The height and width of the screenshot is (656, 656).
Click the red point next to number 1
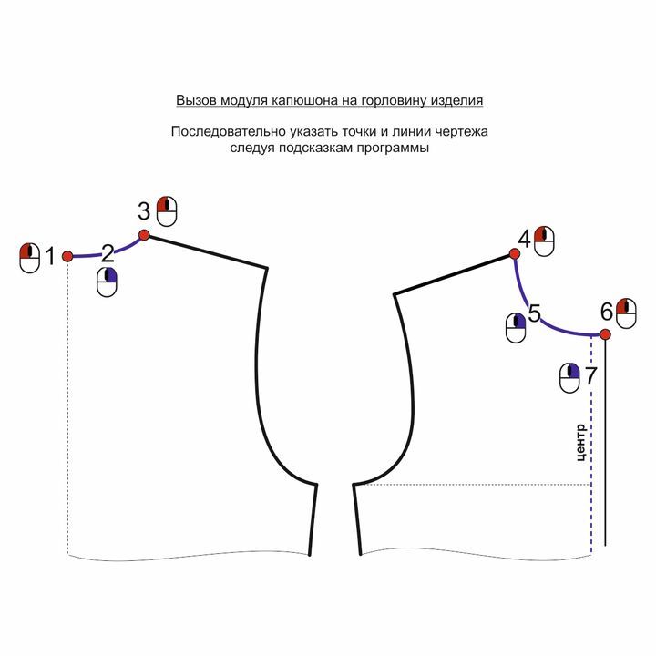(67, 256)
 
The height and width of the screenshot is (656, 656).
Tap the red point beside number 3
(144, 235)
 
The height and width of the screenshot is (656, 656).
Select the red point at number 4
(515, 253)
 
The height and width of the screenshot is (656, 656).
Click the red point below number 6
(605, 334)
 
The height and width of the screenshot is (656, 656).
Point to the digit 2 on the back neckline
(108, 253)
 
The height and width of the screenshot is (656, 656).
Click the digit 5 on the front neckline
(534, 313)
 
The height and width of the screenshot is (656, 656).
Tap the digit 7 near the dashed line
(590, 375)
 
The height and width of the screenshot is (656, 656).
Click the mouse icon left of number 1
(30, 258)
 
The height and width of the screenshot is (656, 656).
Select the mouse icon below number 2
(107, 282)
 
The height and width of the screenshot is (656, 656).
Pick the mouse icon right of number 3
(167, 211)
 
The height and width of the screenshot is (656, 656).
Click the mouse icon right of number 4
(544, 241)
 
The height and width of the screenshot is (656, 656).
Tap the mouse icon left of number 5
(516, 328)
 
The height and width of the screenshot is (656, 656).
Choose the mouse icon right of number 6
(626, 313)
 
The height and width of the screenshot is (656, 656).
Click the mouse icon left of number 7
(569, 378)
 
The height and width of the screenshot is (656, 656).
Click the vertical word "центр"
(580, 443)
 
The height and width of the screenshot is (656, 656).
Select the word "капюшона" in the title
(297, 100)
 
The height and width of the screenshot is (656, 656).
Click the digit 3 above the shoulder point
(144, 211)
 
